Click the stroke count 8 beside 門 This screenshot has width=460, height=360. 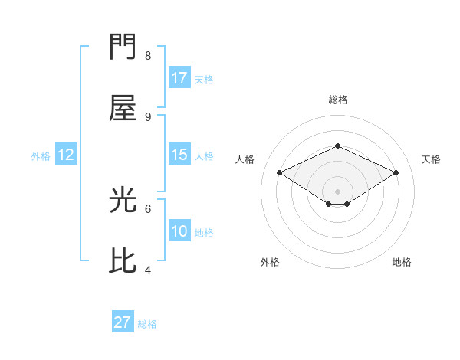click(x=148, y=56)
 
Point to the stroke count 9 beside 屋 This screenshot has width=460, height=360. click(x=148, y=116)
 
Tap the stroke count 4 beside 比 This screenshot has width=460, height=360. click(x=148, y=270)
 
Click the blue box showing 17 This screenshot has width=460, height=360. click(x=179, y=78)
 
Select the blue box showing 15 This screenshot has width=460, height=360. click(x=179, y=155)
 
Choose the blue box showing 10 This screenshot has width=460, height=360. click(x=179, y=231)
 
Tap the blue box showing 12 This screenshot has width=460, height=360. click(x=66, y=155)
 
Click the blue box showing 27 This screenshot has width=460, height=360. click(x=123, y=322)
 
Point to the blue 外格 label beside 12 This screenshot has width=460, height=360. click(x=41, y=156)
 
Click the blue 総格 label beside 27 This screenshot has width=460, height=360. click(x=147, y=324)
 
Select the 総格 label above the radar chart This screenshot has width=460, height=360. click(x=337, y=100)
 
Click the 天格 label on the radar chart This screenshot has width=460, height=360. click(x=431, y=159)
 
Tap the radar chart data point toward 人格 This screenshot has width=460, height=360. click(x=280, y=173)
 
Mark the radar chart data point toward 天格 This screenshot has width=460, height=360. click(x=396, y=173)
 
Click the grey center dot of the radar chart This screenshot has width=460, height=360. click(x=337, y=191)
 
